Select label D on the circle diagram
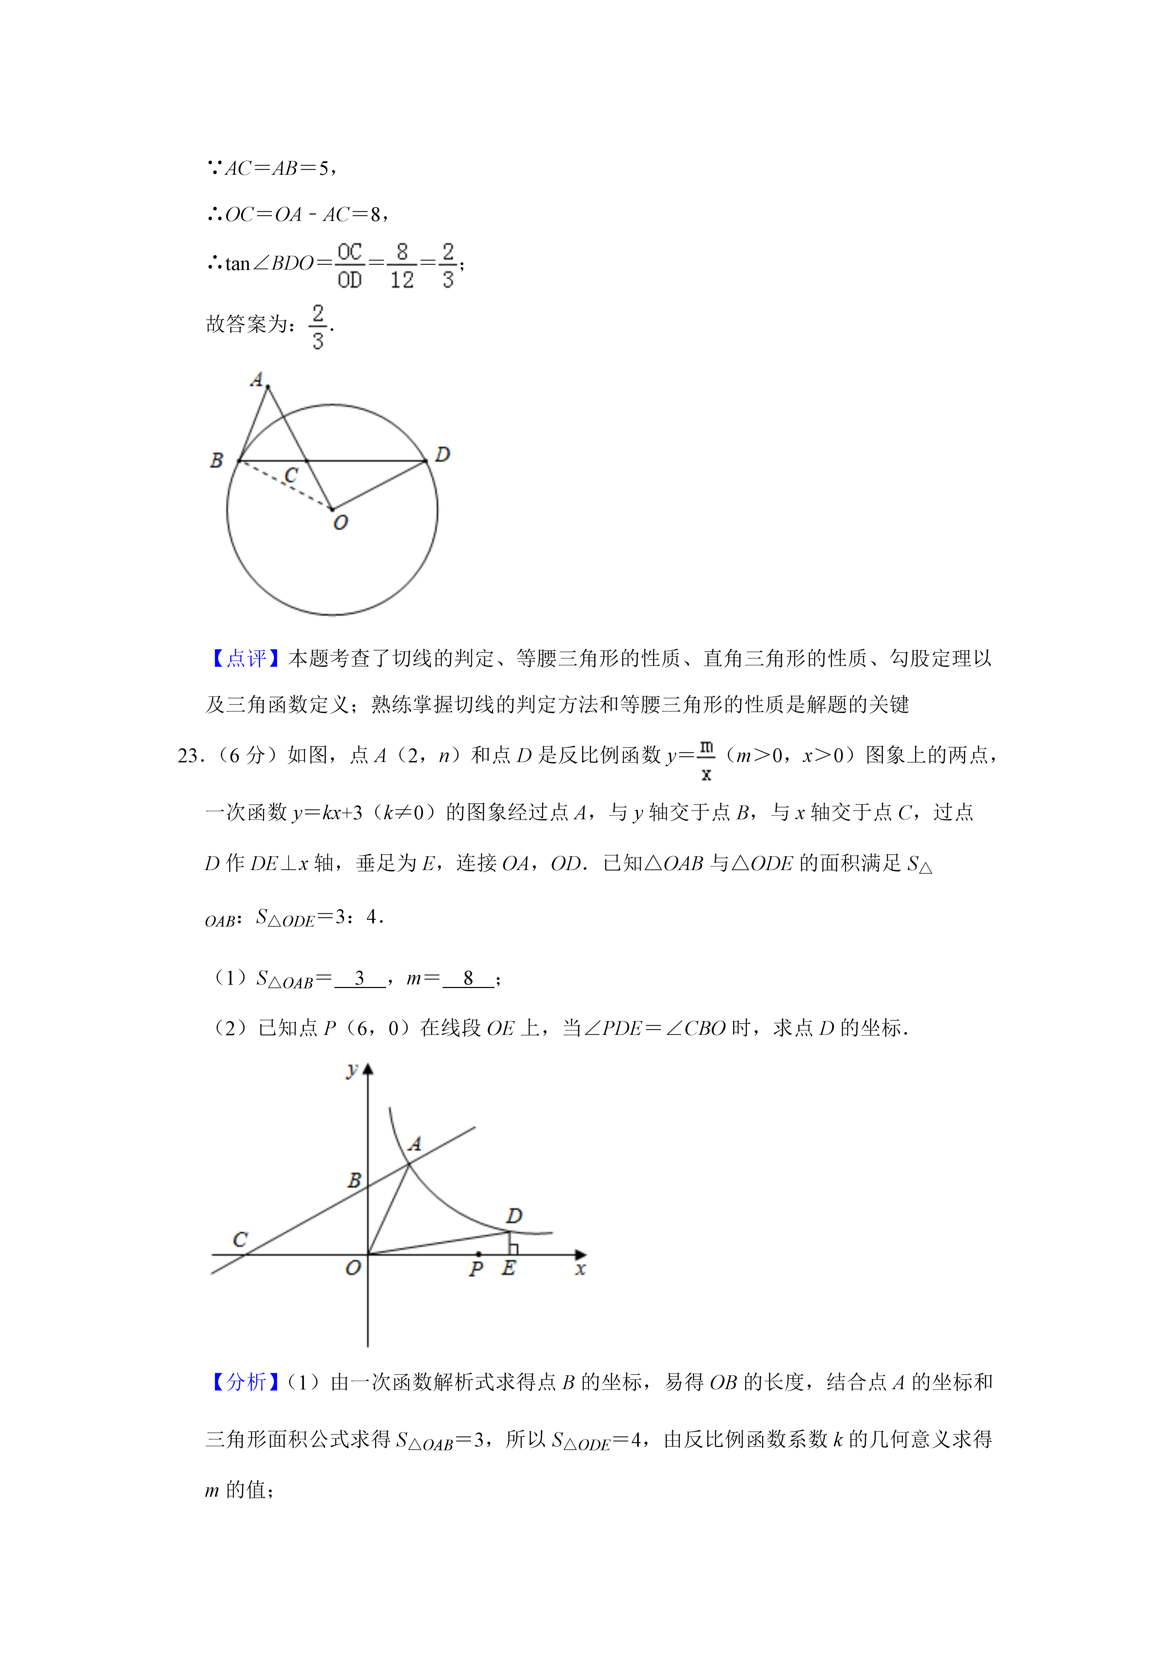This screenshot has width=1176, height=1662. coord(443,455)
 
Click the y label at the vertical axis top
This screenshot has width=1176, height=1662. coord(352,1070)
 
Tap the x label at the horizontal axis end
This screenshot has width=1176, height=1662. coord(580,1269)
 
